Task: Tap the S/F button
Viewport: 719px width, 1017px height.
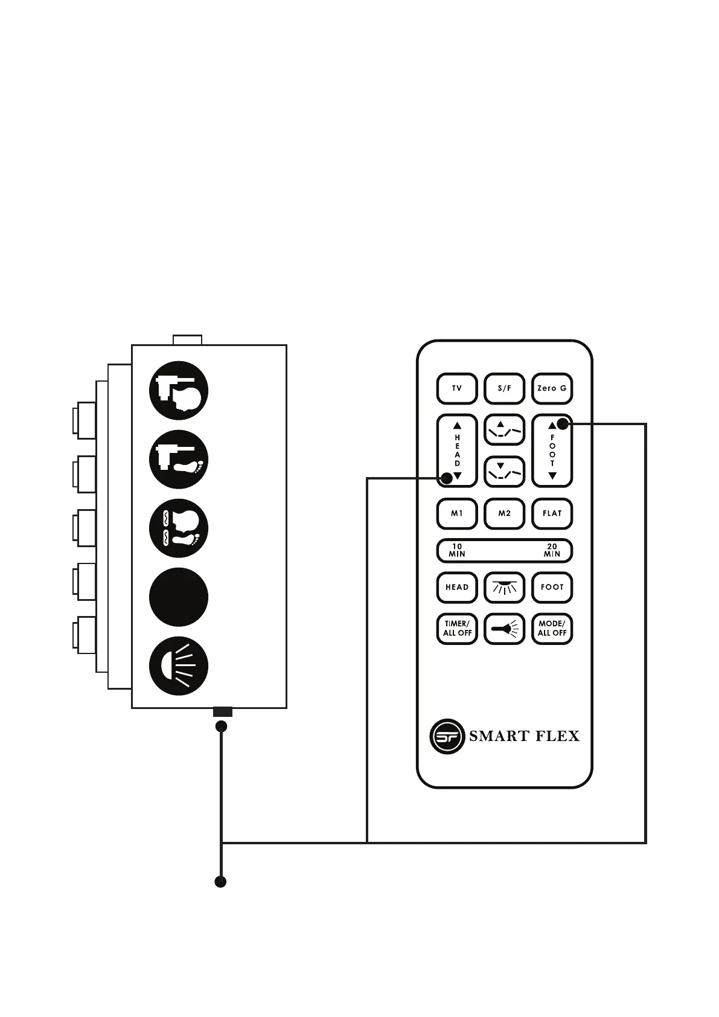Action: pyautogui.click(x=504, y=388)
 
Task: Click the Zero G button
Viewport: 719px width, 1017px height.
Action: pyautogui.click(x=552, y=388)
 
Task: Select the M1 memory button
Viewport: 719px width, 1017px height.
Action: pyautogui.click(x=457, y=513)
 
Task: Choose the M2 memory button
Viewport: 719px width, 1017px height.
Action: pyautogui.click(x=504, y=513)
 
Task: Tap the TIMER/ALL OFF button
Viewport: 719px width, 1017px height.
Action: pyautogui.click(x=457, y=629)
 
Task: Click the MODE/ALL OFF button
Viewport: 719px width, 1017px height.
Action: pyautogui.click(x=552, y=629)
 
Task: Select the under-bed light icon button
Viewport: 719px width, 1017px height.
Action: pyautogui.click(x=504, y=587)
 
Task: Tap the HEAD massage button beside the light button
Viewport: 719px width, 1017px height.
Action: pyautogui.click(x=457, y=587)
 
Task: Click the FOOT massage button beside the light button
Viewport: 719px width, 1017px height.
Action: pyautogui.click(x=552, y=587)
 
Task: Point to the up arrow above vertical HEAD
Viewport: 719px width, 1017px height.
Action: pyautogui.click(x=457, y=425)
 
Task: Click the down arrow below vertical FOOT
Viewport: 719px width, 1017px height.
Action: pyautogui.click(x=552, y=476)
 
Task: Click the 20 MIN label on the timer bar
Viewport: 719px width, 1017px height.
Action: pyautogui.click(x=552, y=550)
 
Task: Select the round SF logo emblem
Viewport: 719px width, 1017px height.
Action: pyautogui.click(x=447, y=736)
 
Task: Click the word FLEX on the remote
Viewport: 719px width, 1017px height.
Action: pyautogui.click(x=555, y=736)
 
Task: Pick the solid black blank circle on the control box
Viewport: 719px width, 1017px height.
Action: pyautogui.click(x=179, y=597)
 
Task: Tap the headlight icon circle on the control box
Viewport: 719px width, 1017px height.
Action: pyautogui.click(x=179, y=666)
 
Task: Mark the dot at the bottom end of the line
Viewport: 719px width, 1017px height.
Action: pyautogui.click(x=221, y=882)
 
